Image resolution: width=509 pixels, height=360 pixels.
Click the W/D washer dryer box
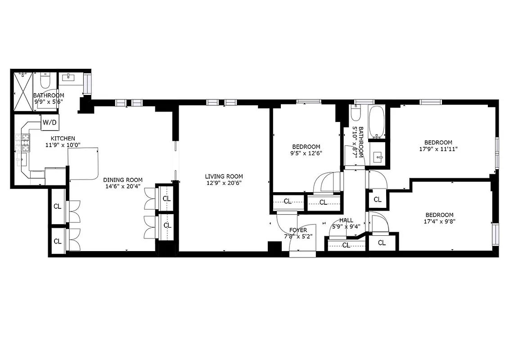[x=49, y=122]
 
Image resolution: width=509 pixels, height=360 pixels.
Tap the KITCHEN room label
[x=63, y=138]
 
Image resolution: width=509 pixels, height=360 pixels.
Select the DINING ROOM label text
[x=123, y=180]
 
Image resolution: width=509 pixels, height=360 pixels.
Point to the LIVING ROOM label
[x=224, y=176]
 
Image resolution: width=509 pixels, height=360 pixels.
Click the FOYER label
[x=298, y=230]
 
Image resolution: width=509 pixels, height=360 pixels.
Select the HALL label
[x=346, y=220]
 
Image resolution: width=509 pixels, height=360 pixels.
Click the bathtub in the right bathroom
[x=376, y=122]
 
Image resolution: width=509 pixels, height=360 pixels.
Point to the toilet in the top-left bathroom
[x=45, y=81]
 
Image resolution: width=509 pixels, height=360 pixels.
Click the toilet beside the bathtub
[x=355, y=114]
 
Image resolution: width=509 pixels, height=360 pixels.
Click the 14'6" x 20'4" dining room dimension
[x=123, y=186]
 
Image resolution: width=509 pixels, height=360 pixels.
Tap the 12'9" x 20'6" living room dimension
[x=224, y=183]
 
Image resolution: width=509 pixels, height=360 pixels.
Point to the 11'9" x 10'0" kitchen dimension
[x=63, y=145]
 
